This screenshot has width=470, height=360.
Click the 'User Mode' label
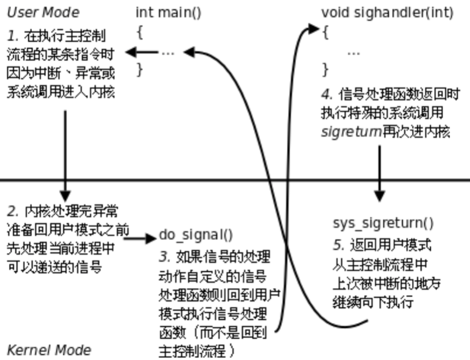pyautogui.click(x=43, y=12)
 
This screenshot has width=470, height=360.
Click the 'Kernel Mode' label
pyautogui.click(x=49, y=350)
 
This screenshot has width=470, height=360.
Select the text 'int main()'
pyautogui.click(x=169, y=12)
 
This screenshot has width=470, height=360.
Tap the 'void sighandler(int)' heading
pyautogui.click(x=387, y=12)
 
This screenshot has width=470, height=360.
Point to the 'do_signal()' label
pyautogui.click(x=196, y=235)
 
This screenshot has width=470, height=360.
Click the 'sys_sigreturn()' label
pyautogui.click(x=383, y=223)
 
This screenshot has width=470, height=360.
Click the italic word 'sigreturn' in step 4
pyautogui.click(x=351, y=133)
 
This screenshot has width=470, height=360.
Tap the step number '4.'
pyautogui.click(x=327, y=94)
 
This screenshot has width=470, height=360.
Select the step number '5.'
pyautogui.click(x=339, y=245)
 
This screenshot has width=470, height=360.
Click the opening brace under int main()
pyautogui.click(x=140, y=32)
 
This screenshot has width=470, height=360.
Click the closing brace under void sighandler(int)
pyautogui.click(x=325, y=69)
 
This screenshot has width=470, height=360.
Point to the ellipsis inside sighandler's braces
pyautogui.click(x=354, y=52)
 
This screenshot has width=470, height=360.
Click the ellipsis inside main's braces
pyautogui.click(x=167, y=52)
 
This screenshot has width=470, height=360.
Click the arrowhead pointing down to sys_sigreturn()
pyautogui.click(x=379, y=195)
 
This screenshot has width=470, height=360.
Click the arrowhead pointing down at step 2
pyautogui.click(x=65, y=195)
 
